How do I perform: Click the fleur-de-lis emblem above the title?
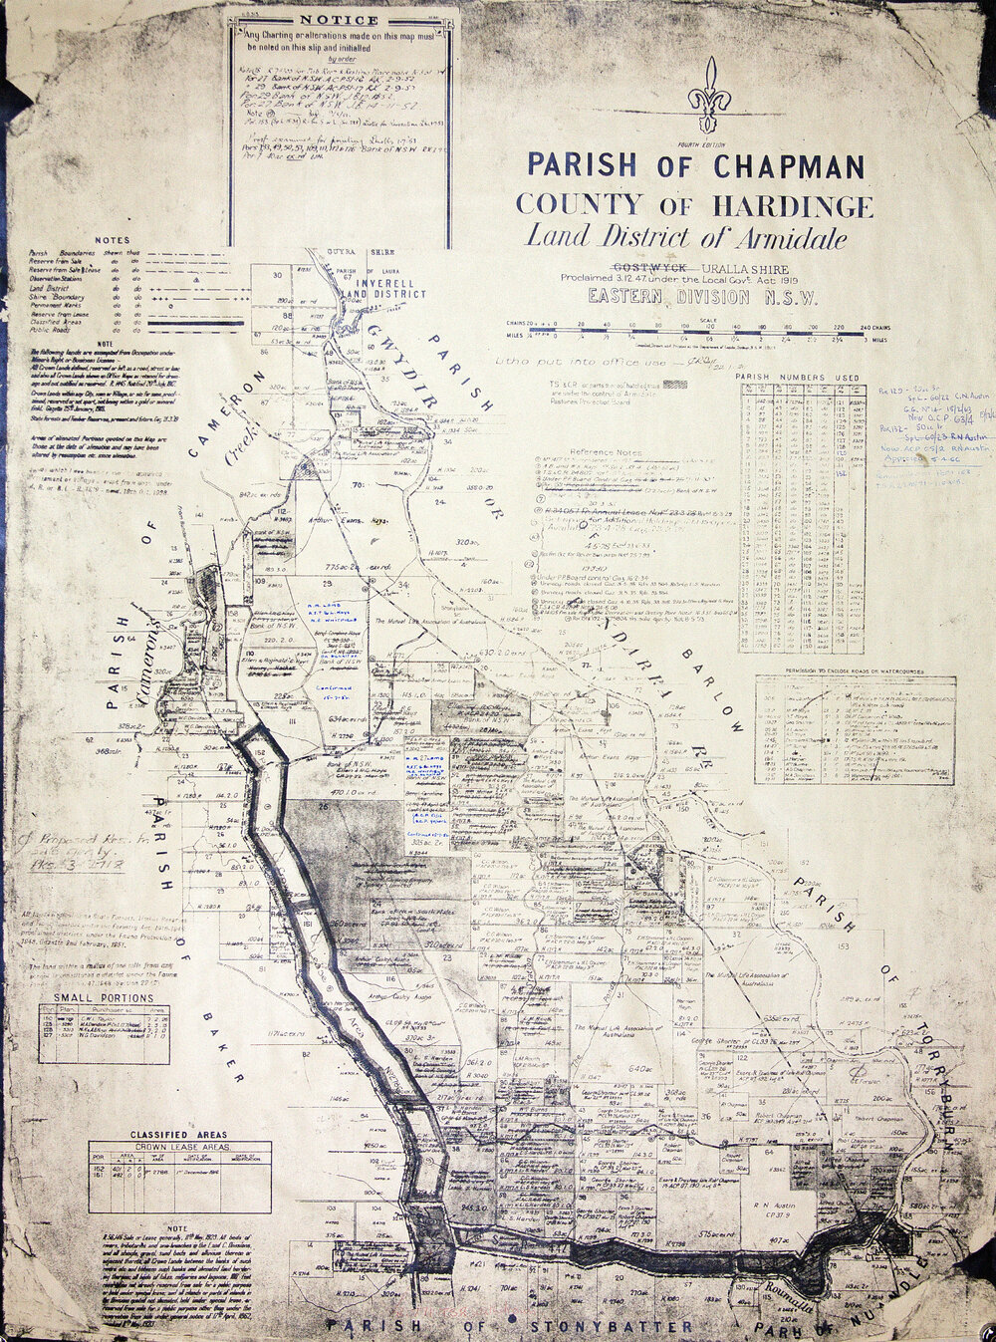[709, 95]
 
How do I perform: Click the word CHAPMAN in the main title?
[788, 165]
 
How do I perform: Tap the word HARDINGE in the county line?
[794, 206]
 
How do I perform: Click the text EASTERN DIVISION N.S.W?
[701, 297]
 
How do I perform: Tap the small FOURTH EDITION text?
[710, 142]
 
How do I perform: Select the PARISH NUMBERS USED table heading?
[797, 378]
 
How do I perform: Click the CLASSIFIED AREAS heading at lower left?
[178, 1134]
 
